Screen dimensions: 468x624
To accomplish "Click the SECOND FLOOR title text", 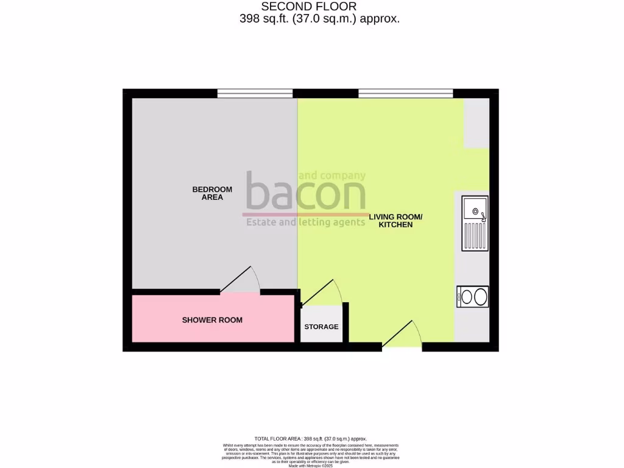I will (313, 7).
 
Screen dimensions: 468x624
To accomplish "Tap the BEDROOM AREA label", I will (212, 193).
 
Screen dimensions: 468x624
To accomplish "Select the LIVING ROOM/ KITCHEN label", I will (395, 221).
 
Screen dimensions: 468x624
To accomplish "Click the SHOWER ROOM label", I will (212, 320).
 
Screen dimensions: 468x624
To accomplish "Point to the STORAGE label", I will (321, 327).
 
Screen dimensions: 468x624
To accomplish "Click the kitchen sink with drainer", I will (475, 223).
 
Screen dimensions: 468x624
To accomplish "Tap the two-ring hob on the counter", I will (472, 297).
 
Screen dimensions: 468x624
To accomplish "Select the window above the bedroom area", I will (255, 93).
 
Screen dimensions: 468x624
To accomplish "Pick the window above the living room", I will (405, 93).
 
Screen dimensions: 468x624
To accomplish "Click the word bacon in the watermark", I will (305, 193).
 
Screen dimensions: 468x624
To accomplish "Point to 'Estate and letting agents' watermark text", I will (305, 222).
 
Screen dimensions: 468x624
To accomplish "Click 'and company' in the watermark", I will (332, 175).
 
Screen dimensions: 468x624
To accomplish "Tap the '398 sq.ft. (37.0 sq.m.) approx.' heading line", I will (320, 19).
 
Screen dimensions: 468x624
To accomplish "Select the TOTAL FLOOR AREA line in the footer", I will (311, 439).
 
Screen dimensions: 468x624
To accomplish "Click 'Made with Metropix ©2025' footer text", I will (311, 464).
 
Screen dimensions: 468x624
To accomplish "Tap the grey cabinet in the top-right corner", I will (476, 123).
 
